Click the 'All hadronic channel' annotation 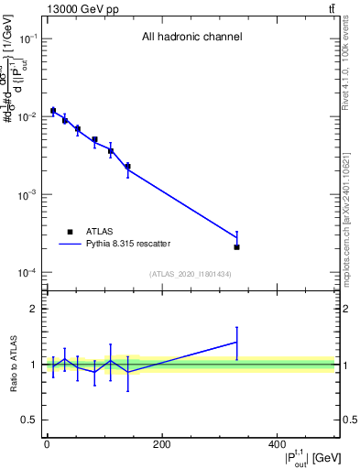191,38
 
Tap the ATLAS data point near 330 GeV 236,247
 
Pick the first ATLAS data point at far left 53,111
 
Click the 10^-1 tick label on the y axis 28,38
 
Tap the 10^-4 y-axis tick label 28,273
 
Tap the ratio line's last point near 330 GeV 236,342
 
